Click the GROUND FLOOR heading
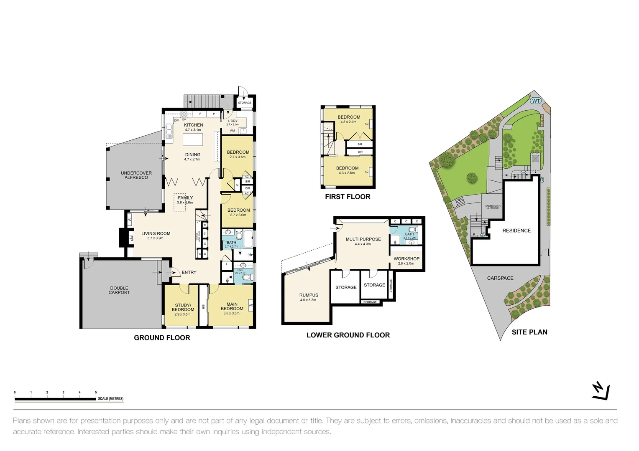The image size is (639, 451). click(162, 337)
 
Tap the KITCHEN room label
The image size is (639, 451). click(193, 125)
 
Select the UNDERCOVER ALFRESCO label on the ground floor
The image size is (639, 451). click(136, 175)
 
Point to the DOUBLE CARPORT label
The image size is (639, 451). click(119, 290)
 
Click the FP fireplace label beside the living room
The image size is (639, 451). click(131, 238)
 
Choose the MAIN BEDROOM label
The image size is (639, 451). click(232, 307)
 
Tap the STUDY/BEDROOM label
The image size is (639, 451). click(183, 307)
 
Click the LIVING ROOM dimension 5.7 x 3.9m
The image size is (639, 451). click(156, 238)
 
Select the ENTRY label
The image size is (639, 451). click(189, 272)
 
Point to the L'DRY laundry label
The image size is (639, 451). click(233, 121)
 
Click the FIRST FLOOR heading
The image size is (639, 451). click(348, 197)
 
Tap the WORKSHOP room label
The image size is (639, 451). click(406, 258)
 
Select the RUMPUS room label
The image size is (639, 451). click(309, 295)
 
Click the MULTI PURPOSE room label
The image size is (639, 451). click(363, 239)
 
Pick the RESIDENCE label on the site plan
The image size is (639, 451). click(516, 231)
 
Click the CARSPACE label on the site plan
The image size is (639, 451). click(500, 278)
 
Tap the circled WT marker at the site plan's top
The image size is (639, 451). click(536, 101)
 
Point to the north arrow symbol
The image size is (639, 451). click(601, 391)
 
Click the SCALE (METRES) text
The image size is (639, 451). click(111, 399)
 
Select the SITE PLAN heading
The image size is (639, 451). click(529, 332)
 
